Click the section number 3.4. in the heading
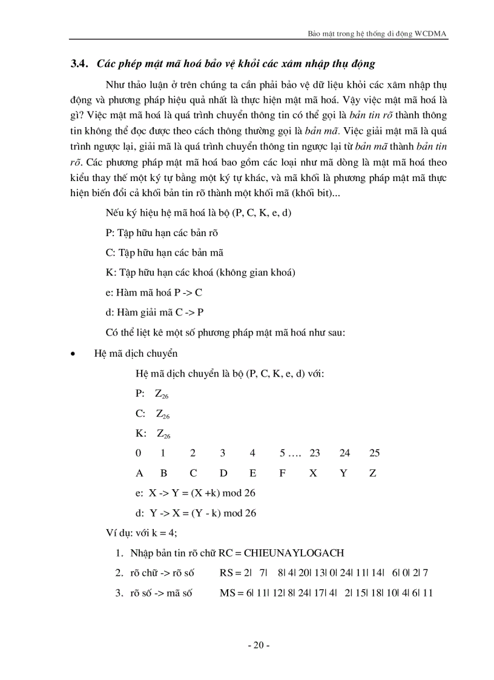79,64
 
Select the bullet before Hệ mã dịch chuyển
73,354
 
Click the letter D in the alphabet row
223,473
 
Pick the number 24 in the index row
344,453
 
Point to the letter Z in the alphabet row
372,473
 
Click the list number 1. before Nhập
120,553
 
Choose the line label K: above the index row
141,433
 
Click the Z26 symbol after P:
162,394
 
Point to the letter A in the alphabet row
139,473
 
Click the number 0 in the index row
139,453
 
